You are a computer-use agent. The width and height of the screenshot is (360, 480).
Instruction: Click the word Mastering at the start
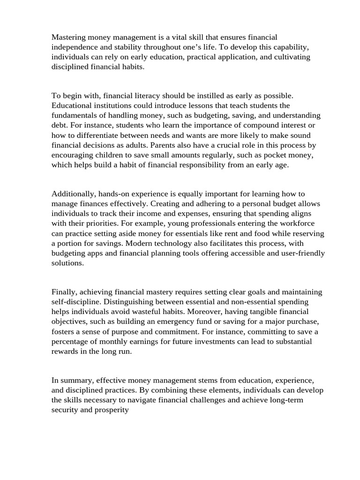[x=69, y=37]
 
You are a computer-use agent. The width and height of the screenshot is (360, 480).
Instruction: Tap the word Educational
[x=73, y=105]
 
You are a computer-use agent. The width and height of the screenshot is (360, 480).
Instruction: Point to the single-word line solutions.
[x=67, y=263]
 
